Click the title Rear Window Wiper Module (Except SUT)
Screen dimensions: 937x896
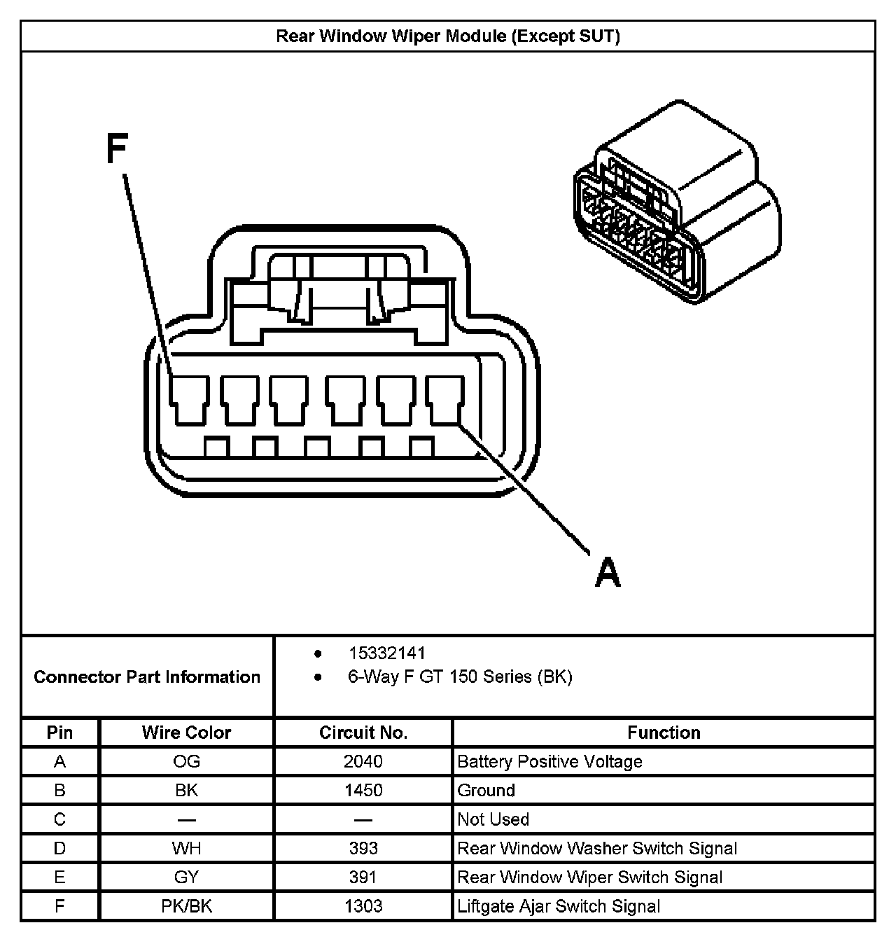click(x=448, y=36)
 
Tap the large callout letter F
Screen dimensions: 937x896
click(x=118, y=148)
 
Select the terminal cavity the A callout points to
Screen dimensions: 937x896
click(x=445, y=400)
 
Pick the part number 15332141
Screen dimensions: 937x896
click(x=386, y=653)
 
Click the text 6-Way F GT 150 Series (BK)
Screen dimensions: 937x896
click(x=460, y=677)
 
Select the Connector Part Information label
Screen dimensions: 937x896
click(x=147, y=676)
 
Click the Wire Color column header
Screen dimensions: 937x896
click(x=186, y=733)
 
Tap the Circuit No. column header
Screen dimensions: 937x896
click(x=363, y=733)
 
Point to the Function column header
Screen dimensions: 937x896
click(x=664, y=733)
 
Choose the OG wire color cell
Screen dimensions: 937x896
click(x=186, y=761)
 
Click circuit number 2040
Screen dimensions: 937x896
click(x=363, y=761)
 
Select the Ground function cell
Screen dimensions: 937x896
click(x=486, y=791)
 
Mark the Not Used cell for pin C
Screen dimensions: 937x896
click(x=493, y=819)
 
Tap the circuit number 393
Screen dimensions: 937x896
click(x=363, y=849)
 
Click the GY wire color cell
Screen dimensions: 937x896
click(x=186, y=877)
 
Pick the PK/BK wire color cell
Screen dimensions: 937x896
click(x=186, y=906)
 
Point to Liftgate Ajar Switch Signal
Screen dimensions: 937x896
click(x=559, y=906)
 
